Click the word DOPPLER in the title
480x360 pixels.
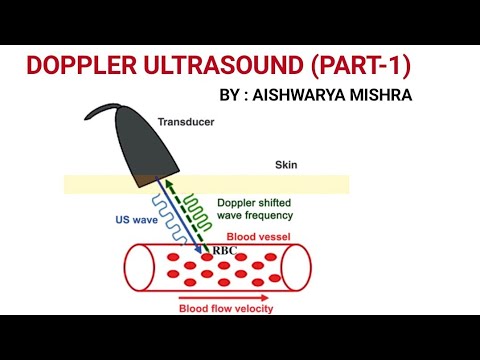tap(84, 67)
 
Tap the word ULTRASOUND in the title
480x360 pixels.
tap(224, 67)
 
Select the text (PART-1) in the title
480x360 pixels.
tap(359, 67)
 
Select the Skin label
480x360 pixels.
tap(287, 165)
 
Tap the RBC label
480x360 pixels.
tap(225, 251)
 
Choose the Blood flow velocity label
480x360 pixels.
tap(226, 308)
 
